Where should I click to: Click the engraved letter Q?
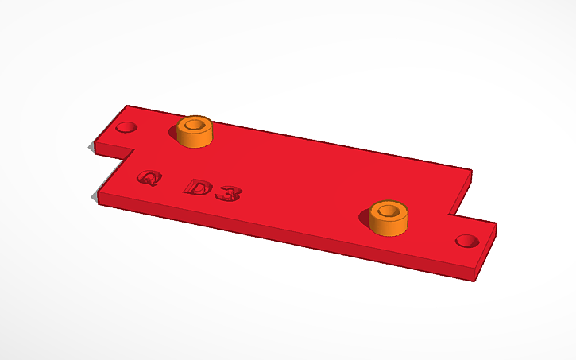pyautogui.click(x=147, y=178)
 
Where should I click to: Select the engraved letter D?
pyautogui.click(x=197, y=188)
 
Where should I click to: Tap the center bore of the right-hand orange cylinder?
pyautogui.click(x=389, y=211)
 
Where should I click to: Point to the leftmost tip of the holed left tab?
pyautogui.click(x=90, y=145)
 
